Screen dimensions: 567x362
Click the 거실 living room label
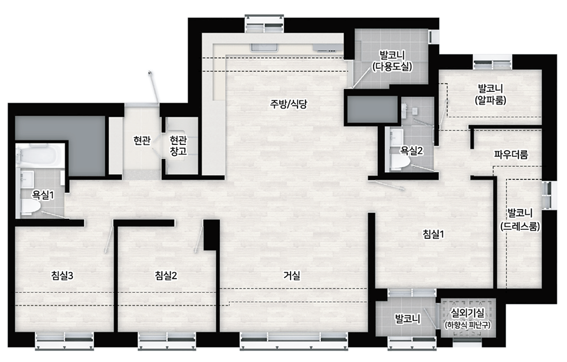click(292, 275)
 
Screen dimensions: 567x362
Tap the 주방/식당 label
click(289, 104)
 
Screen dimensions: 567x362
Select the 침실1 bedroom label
click(433, 234)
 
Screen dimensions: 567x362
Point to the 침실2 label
click(166, 275)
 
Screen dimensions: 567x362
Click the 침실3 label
click(62, 275)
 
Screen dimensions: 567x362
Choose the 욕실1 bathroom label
click(43, 196)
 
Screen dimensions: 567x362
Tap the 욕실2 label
click(412, 151)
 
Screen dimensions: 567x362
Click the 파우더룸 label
click(512, 155)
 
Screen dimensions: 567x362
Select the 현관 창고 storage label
click(178, 145)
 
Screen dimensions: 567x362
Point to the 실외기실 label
click(467, 312)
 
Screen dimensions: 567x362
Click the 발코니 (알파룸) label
click(490, 94)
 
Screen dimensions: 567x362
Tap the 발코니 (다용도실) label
click(392, 61)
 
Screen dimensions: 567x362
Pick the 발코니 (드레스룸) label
click(520, 219)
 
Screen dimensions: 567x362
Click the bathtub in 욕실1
click(40, 155)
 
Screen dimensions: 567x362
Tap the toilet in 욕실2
click(401, 163)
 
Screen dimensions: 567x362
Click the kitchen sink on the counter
click(264, 48)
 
